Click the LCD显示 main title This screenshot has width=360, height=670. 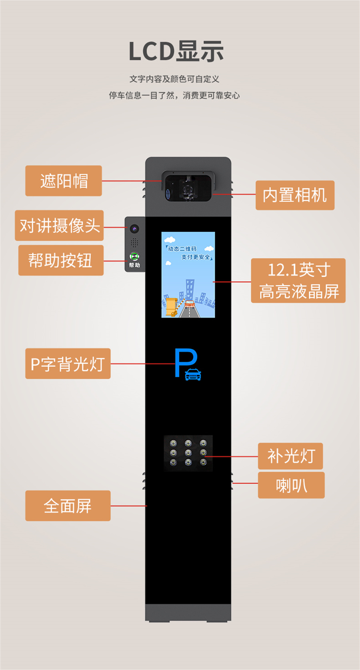point(176,52)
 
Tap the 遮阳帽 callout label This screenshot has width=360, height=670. point(64,181)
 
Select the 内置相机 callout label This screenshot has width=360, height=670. point(295,195)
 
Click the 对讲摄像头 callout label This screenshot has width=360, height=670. point(59,225)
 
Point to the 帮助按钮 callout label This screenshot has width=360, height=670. point(61,260)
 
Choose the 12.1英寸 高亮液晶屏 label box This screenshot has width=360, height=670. point(298,280)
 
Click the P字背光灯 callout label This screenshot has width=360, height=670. point(68,364)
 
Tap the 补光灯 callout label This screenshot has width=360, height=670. point(290,456)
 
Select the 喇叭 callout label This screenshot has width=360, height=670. point(291,485)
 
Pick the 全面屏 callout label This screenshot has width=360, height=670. point(68,506)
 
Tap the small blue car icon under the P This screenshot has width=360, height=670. point(193,374)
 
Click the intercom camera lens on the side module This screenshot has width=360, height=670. point(134,229)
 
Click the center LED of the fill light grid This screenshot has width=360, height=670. point(188,452)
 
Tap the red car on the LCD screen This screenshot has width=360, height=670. point(190,304)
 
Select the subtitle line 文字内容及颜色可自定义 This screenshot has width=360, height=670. point(174,79)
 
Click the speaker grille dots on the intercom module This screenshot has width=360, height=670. point(134,242)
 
